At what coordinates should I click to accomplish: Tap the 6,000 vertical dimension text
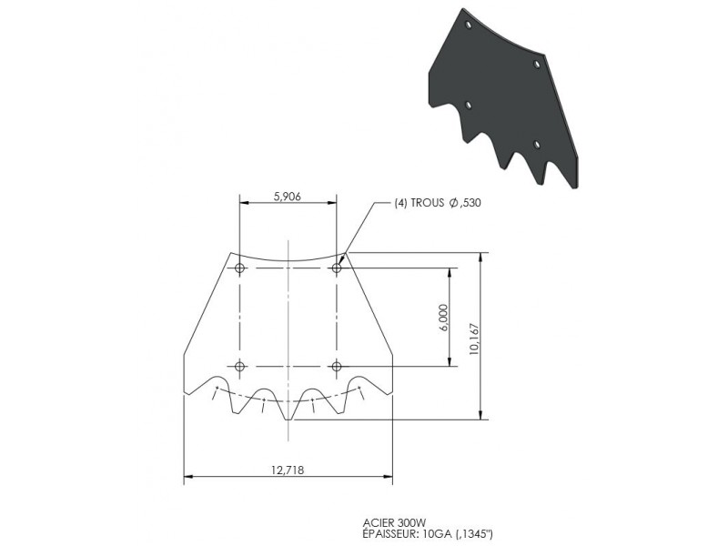click(x=443, y=318)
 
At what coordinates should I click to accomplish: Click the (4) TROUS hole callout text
click(x=426, y=203)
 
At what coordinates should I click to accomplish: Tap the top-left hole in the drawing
click(x=239, y=268)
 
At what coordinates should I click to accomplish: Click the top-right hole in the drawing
click(x=337, y=268)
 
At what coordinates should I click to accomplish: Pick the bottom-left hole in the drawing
click(x=239, y=366)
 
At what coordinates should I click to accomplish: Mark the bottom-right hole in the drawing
click(x=337, y=366)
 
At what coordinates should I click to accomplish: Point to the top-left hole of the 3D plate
click(x=468, y=26)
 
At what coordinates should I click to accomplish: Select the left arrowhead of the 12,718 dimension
click(x=188, y=476)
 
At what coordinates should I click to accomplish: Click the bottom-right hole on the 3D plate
click(x=537, y=145)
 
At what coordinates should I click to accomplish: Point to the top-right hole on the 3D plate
click(x=537, y=65)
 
